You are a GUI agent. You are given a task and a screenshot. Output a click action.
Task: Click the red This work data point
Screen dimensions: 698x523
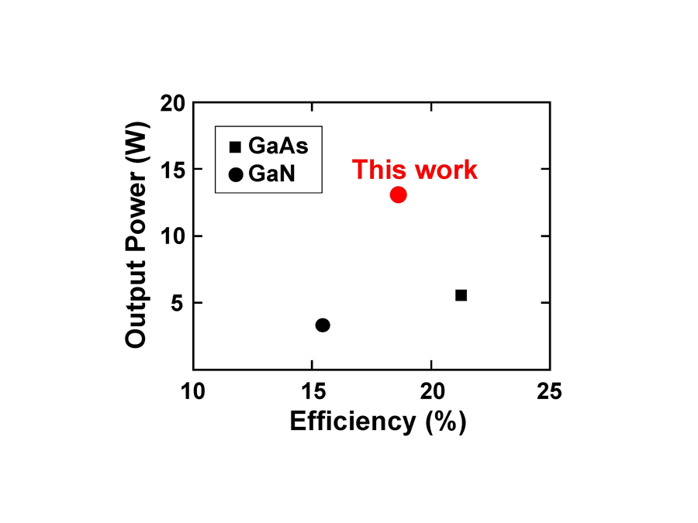coord(398,194)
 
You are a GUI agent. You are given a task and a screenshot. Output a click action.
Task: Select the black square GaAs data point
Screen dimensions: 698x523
coord(461,295)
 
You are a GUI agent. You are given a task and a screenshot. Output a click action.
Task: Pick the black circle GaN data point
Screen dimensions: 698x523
coord(323,325)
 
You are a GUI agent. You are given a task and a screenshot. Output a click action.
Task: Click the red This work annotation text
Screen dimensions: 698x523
coord(414,170)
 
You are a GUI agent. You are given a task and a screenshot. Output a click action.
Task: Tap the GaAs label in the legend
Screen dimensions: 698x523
coord(278,146)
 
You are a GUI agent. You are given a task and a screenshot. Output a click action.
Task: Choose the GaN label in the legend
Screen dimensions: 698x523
coord(271,174)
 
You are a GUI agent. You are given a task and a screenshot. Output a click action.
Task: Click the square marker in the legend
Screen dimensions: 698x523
coord(235,146)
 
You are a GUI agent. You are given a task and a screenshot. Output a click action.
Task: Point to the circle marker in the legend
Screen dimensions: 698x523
coord(236,175)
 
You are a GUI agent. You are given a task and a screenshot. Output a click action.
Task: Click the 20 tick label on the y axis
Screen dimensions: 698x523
coord(173,104)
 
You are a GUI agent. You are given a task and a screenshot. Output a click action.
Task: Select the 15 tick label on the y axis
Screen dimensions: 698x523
coord(173,170)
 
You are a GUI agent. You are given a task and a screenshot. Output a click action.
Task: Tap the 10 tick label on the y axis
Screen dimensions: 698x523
coord(173,236)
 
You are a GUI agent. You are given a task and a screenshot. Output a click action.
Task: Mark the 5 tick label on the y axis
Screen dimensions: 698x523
coord(177,303)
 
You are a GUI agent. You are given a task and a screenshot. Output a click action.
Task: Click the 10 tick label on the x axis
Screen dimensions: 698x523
coord(193,392)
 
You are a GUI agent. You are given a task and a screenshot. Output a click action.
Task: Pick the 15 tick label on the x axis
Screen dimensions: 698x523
coord(313,392)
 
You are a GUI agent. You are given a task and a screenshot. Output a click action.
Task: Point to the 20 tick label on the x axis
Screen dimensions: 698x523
coord(433,392)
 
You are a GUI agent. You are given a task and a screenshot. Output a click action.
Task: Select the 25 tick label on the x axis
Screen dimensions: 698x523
coord(549,392)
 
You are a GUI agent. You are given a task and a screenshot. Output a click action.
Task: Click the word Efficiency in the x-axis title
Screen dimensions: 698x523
coord(353,421)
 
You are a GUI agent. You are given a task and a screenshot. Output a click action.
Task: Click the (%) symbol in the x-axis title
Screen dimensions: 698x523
coord(446,421)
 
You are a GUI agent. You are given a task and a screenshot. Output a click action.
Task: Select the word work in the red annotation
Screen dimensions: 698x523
coord(446,170)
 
